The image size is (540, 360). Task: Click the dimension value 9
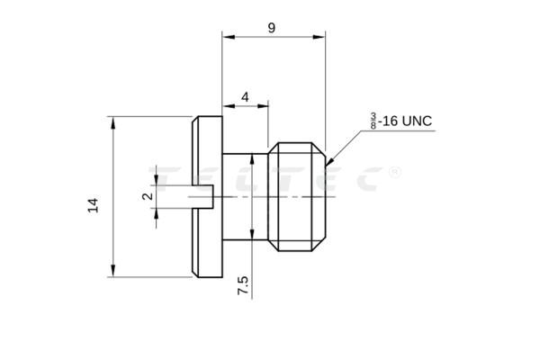(271, 28)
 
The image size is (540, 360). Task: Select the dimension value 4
(245, 96)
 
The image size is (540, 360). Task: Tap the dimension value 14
(93, 205)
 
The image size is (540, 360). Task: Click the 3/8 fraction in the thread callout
(372, 121)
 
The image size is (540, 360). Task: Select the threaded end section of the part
(297, 196)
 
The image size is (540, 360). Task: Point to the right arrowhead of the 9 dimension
(320, 37)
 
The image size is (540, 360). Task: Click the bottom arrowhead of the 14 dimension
(113, 272)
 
